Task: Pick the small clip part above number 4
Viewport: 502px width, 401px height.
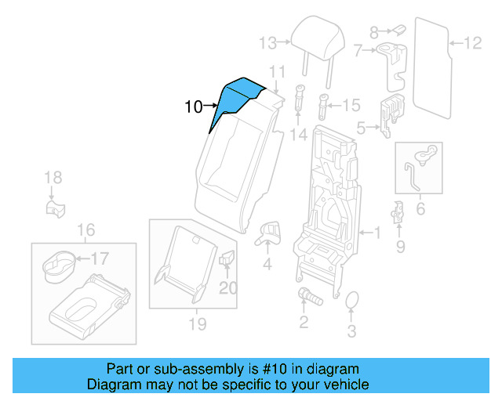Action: point(268,229)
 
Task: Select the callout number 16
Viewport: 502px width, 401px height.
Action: point(85,229)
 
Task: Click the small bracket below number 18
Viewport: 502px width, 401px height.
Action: point(53,208)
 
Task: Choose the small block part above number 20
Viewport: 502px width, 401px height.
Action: point(227,258)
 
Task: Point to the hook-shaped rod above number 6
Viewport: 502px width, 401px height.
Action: point(418,168)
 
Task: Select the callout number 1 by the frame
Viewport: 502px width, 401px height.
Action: point(377,233)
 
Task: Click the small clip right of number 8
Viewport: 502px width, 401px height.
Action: point(398,29)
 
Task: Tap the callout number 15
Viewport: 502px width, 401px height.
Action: point(351,104)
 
